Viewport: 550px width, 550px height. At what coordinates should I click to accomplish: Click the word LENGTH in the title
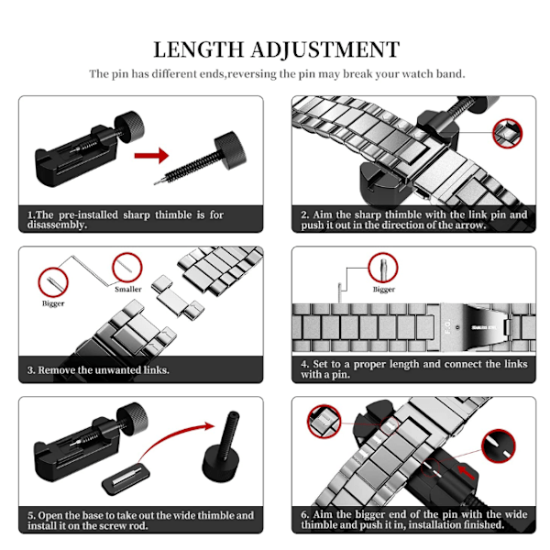point(199,49)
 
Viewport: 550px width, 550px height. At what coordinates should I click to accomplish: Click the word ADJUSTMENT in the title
point(325,49)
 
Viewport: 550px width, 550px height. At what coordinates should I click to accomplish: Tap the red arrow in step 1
point(151,156)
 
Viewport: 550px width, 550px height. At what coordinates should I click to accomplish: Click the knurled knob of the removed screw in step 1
point(230,150)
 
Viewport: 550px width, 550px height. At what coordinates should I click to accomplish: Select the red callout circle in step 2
point(507,133)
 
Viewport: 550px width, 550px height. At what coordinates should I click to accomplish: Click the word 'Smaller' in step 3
point(128,290)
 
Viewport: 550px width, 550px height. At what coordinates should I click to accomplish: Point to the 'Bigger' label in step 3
point(53,303)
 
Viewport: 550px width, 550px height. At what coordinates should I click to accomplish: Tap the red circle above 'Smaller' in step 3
point(127,268)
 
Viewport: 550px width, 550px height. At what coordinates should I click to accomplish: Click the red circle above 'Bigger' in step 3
point(53,282)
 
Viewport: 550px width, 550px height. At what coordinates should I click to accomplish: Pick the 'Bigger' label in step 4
point(384,290)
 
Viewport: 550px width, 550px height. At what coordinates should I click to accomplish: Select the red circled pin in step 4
point(383,268)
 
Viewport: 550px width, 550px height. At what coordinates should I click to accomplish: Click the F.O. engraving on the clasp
point(448,326)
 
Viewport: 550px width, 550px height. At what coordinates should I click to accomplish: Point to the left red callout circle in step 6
point(324,422)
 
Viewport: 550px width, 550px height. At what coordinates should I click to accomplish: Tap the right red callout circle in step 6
point(499,446)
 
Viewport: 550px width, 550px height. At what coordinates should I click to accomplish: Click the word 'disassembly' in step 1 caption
point(56,225)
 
